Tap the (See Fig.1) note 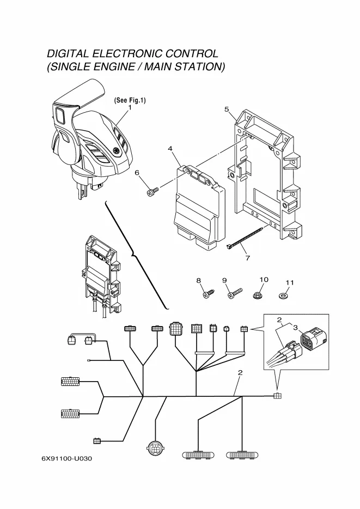click(x=130, y=100)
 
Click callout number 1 click(x=130, y=108)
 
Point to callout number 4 click(x=170, y=148)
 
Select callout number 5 click(x=227, y=109)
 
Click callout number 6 click(x=137, y=173)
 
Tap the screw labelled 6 click(x=152, y=191)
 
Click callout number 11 click(x=290, y=283)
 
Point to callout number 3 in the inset click(x=295, y=328)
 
